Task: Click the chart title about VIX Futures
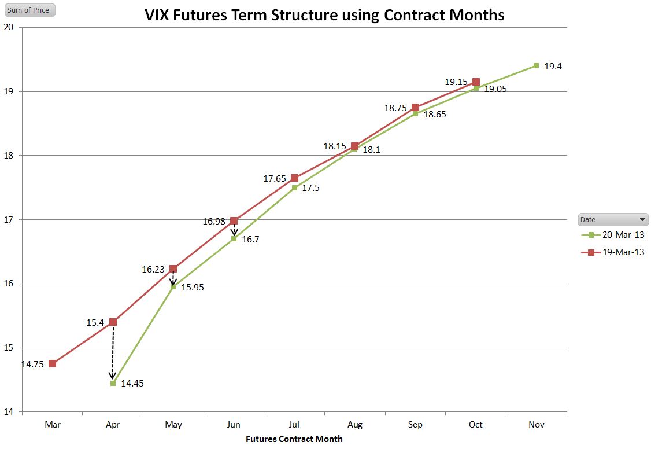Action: (324, 14)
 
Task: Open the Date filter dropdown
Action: (642, 220)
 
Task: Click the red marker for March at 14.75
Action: (53, 363)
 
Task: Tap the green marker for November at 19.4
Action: (536, 66)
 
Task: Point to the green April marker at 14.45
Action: (113, 383)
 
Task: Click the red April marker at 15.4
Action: (113, 322)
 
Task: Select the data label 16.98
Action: (214, 221)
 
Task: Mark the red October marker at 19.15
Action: (476, 82)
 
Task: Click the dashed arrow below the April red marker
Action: (113, 353)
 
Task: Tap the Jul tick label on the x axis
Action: (294, 425)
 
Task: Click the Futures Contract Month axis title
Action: (294, 439)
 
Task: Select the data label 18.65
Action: (435, 115)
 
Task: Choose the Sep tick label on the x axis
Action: (415, 425)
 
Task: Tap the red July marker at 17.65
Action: (294, 178)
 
